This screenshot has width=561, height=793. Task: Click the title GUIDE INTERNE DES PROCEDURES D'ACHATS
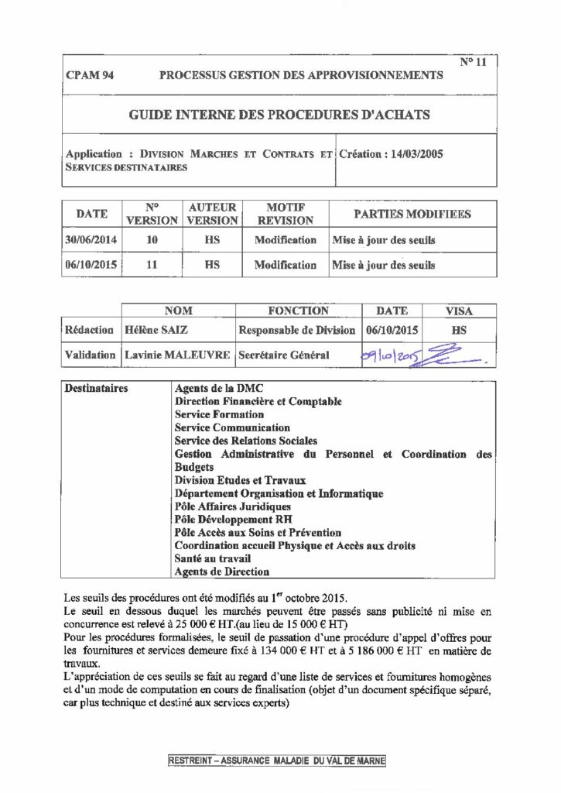tap(278, 115)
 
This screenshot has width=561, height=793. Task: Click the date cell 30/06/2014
tap(91, 240)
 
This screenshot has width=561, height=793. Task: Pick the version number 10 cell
tap(152, 240)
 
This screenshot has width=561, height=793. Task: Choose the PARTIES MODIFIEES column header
tap(412, 214)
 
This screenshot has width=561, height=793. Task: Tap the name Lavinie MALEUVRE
tap(177, 355)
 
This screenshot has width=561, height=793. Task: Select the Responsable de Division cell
tap(296, 330)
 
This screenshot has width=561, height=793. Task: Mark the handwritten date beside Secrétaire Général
tap(392, 355)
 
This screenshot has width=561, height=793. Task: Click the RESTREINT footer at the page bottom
tap(275, 761)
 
